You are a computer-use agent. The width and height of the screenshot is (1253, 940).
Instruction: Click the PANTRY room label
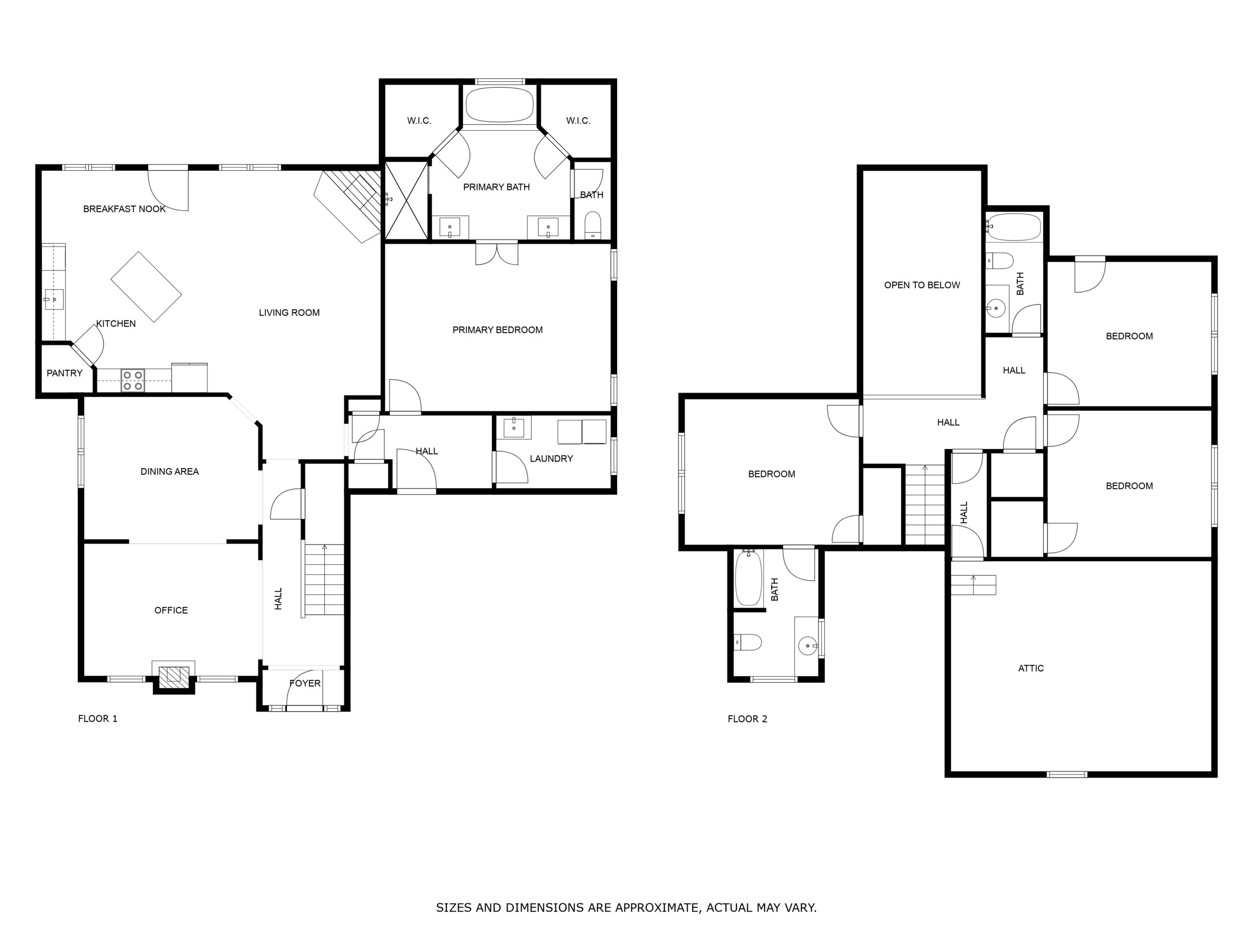pos(65,373)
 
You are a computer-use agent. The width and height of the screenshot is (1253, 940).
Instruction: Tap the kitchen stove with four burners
pos(133,380)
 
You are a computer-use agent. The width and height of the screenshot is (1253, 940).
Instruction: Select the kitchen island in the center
pos(146,287)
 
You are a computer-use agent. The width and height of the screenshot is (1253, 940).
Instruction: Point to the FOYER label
pos(305,683)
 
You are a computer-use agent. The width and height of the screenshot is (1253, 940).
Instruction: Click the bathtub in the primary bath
pos(500,105)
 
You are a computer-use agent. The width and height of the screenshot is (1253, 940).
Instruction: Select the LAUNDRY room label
pos(551,458)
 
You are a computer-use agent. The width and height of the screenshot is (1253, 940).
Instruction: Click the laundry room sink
pos(514,428)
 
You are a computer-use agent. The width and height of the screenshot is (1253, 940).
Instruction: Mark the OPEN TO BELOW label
pos(922,285)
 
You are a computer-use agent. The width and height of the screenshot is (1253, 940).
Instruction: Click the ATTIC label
pos(1031,668)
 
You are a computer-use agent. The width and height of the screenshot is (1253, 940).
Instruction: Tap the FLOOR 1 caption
pos(97,718)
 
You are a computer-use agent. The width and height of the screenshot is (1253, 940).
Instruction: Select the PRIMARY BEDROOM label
pos(497,330)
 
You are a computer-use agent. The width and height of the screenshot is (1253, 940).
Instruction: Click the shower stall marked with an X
pos(406,200)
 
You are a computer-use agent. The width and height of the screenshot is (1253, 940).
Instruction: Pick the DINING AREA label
pos(169,471)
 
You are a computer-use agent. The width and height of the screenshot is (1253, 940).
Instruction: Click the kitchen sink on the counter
pos(54,299)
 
